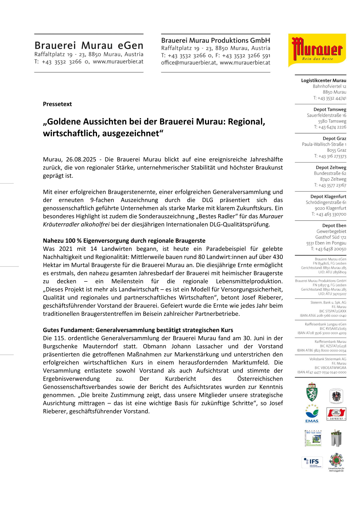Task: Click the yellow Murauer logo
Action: (x=317, y=50)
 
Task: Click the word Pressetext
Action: (x=57, y=104)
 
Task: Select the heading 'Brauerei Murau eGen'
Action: (x=89, y=46)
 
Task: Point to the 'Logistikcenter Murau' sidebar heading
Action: (x=323, y=80)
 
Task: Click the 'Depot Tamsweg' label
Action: (x=330, y=109)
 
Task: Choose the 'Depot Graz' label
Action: (x=334, y=139)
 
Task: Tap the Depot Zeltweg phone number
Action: (x=330, y=185)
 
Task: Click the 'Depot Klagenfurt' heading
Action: (x=328, y=197)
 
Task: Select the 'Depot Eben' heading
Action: (x=334, y=226)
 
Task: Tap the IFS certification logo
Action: (x=312, y=462)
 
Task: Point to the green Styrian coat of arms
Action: (x=312, y=393)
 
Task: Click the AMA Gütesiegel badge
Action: (x=336, y=414)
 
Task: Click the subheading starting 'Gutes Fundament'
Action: (x=138, y=330)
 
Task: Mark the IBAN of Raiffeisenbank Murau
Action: (x=321, y=350)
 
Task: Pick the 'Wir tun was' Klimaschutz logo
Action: (x=313, y=438)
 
